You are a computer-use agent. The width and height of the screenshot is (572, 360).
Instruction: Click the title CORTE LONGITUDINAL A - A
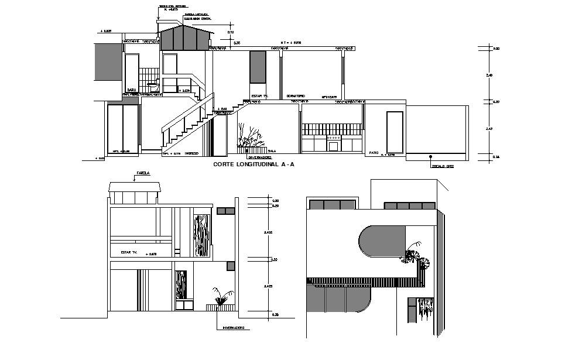[254, 165]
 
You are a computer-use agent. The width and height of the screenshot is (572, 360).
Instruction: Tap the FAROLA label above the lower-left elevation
[143, 174]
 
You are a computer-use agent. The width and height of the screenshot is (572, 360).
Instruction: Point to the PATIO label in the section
[374, 153]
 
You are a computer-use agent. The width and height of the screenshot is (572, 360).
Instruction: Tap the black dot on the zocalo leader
[431, 156]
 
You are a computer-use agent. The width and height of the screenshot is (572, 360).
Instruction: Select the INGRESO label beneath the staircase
[191, 154]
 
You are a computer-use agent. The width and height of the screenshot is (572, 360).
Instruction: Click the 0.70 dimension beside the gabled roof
[231, 32]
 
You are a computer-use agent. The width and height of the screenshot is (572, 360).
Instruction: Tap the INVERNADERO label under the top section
[260, 157]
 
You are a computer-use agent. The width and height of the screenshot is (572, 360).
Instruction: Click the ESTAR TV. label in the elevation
[129, 252]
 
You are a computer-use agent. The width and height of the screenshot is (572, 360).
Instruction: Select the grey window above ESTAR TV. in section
[258, 67]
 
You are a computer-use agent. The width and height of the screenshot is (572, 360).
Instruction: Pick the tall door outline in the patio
[395, 132]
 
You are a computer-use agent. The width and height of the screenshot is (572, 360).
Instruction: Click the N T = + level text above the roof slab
[290, 43]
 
